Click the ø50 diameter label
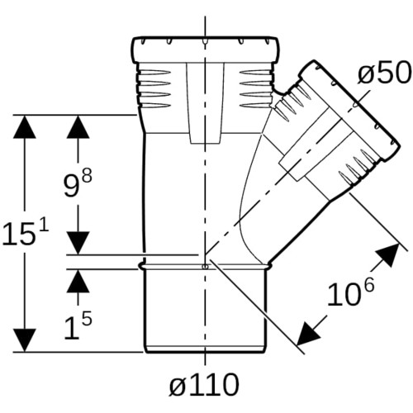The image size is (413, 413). click(384, 73)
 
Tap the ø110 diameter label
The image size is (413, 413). click(204, 384)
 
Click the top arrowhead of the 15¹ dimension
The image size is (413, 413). click(25, 126)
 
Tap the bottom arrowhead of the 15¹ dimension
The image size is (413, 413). click(25, 340)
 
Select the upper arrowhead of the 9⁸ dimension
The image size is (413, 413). click(78, 126)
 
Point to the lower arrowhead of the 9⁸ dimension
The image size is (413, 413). click(78, 243)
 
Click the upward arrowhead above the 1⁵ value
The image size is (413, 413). click(78, 281)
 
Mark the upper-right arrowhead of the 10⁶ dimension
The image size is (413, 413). click(389, 254)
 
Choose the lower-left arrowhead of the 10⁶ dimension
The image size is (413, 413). click(307, 335)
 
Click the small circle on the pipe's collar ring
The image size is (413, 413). click(205, 266)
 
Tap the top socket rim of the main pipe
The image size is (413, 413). click(204, 50)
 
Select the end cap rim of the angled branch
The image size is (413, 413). click(349, 110)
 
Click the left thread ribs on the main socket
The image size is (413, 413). click(154, 88)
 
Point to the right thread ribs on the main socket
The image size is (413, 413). click(256, 88)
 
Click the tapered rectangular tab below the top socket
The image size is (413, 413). click(205, 103)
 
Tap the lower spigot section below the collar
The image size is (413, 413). click(205, 310)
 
